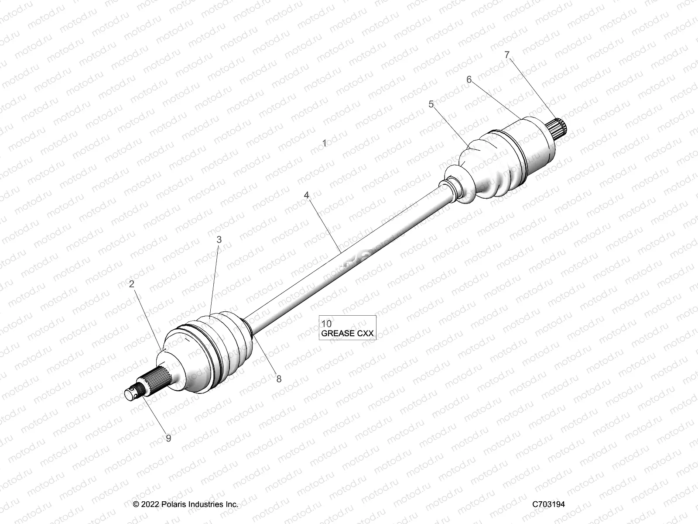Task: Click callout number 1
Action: (324, 143)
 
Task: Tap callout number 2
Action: (131, 284)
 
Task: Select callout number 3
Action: (219, 239)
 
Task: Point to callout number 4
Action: (307, 195)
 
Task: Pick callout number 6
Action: (469, 79)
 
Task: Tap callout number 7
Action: (506, 55)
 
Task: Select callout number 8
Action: (279, 379)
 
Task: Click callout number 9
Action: (168, 438)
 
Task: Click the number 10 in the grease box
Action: (326, 324)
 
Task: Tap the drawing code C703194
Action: (548, 504)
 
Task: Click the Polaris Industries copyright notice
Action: (186, 504)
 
